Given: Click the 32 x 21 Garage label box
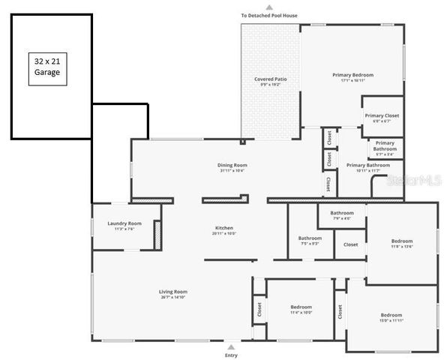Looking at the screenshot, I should tap(46, 67).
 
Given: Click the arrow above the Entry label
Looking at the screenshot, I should tap(231, 346).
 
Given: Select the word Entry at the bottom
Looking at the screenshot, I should tap(231, 355).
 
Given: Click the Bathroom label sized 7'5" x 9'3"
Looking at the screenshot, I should tap(310, 240).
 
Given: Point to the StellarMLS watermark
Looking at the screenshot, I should tap(413, 181).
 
